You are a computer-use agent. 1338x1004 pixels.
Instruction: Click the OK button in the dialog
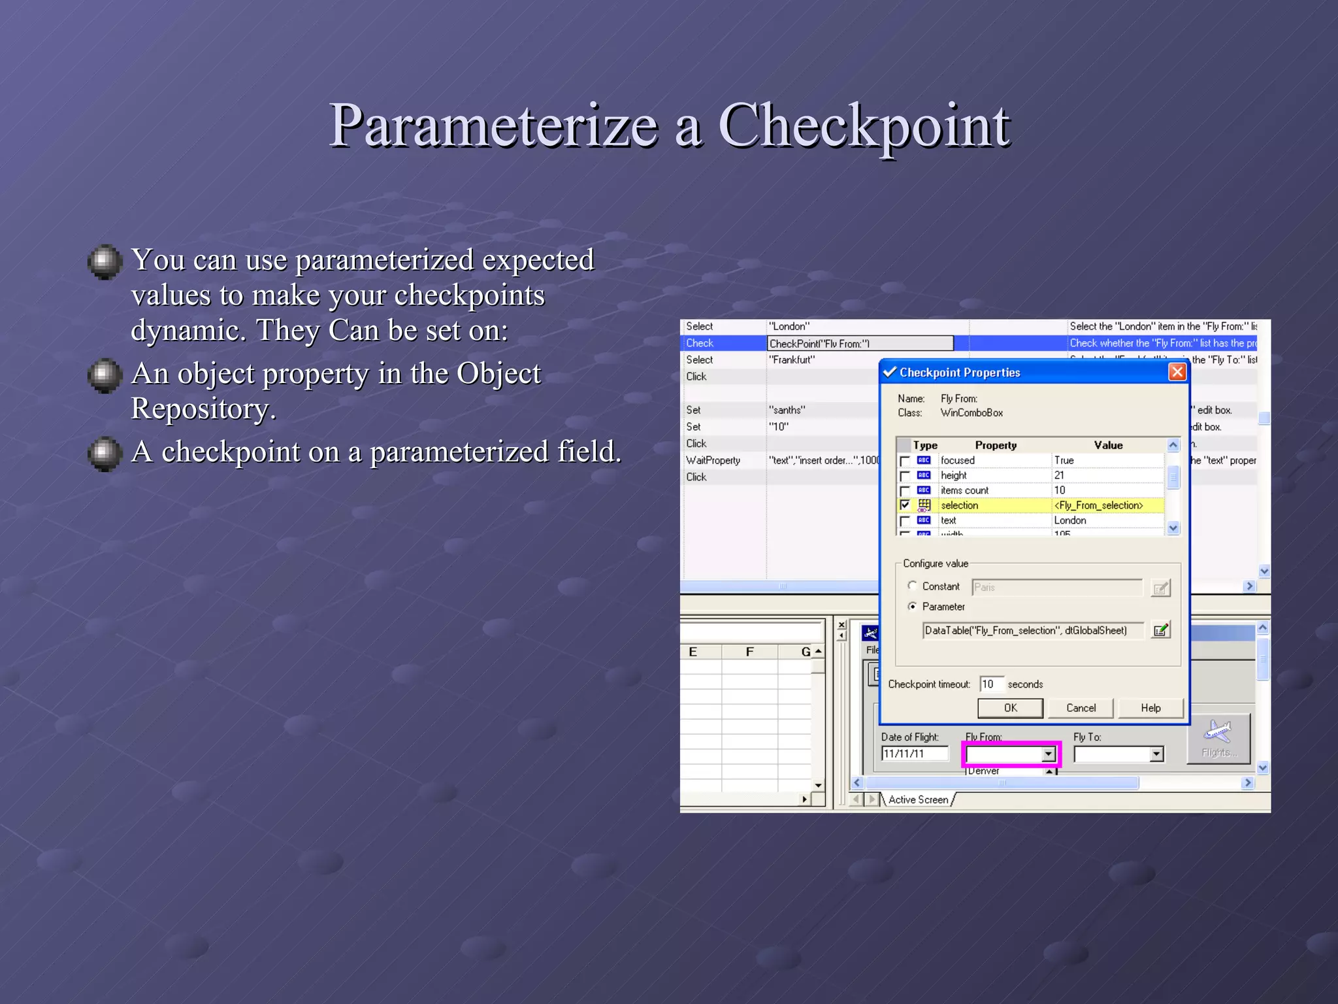point(1010,708)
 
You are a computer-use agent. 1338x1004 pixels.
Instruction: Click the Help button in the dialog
point(1150,708)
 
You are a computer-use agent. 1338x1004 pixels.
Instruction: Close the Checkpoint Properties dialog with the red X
point(1177,372)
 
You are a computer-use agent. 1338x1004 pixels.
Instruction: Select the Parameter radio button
point(913,607)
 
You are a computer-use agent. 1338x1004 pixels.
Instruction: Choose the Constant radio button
point(913,586)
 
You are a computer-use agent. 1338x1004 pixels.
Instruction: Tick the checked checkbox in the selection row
point(905,505)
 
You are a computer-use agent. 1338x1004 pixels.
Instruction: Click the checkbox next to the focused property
point(905,461)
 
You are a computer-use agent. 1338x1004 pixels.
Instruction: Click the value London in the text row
point(1070,520)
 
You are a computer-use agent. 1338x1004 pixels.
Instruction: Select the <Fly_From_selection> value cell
point(1099,505)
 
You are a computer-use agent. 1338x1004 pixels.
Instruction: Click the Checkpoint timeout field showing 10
point(990,684)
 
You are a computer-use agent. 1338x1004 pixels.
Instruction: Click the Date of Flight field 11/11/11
point(913,754)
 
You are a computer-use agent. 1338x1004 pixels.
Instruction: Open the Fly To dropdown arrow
point(1156,754)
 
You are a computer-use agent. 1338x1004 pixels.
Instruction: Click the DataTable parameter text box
point(1032,630)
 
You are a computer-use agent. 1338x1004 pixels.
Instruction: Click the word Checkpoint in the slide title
point(864,125)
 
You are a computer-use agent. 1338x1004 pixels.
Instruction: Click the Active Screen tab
point(918,799)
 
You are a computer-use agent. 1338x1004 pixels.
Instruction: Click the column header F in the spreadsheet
point(749,652)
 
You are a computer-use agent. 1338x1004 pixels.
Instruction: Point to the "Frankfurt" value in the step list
point(792,360)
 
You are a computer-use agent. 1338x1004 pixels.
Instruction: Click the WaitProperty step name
point(713,460)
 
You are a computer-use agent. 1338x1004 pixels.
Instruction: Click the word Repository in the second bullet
point(203,409)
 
